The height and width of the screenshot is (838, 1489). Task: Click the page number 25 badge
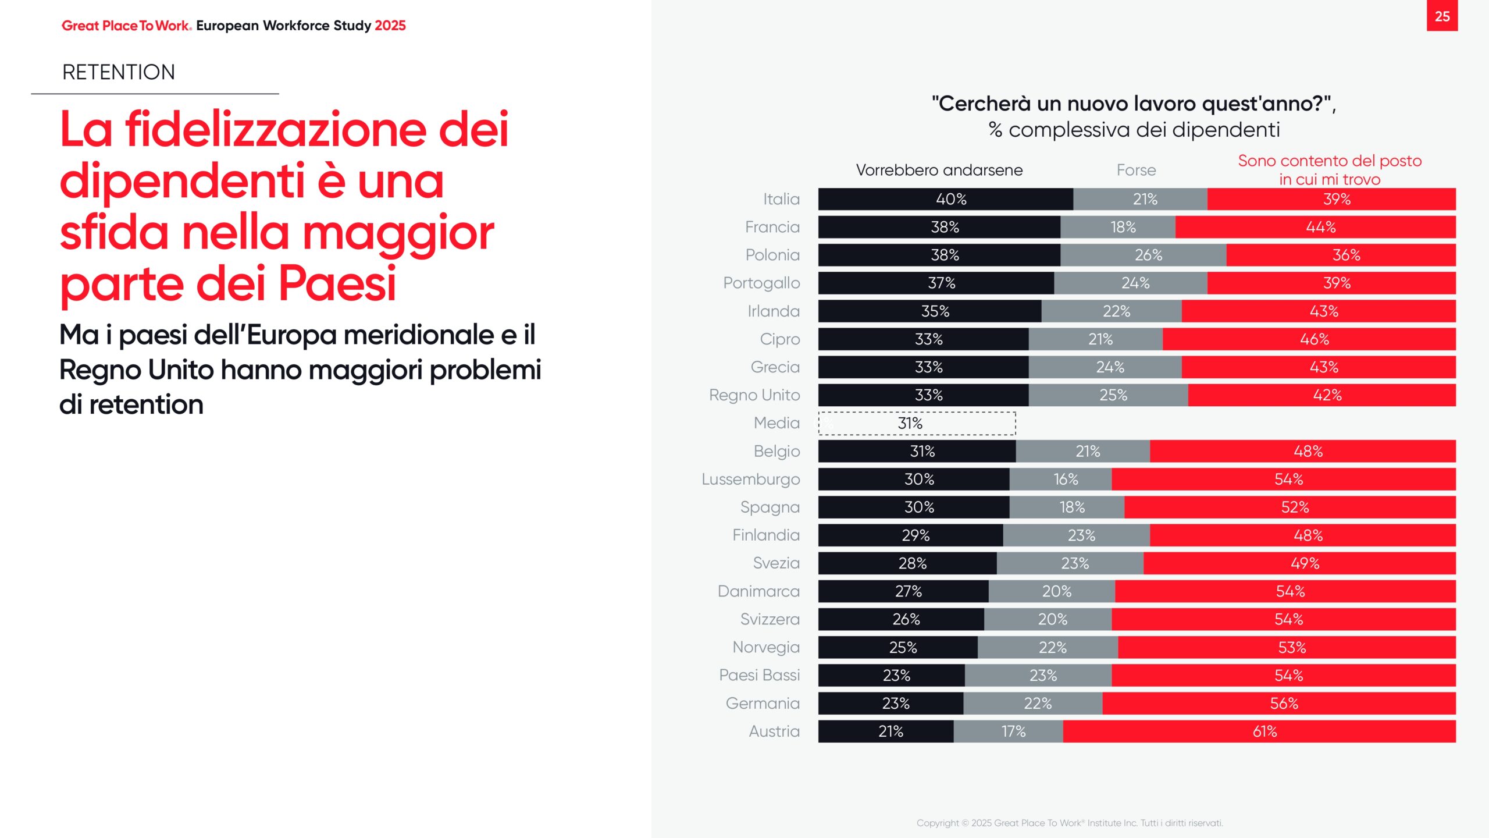(x=1442, y=16)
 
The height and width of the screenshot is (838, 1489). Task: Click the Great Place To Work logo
(x=126, y=26)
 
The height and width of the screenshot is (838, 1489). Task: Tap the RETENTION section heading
(x=119, y=72)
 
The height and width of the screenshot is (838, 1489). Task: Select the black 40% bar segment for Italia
(x=945, y=199)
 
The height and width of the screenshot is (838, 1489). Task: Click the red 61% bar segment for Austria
(x=1259, y=732)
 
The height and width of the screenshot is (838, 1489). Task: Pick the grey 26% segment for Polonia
(x=1143, y=255)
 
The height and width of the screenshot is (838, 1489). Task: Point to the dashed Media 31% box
(x=917, y=423)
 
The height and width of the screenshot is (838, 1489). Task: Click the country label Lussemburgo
(x=750, y=479)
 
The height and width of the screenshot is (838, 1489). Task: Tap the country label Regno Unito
(x=754, y=395)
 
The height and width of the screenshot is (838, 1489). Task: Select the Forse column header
(x=1136, y=170)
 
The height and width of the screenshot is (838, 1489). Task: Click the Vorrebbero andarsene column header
(x=939, y=170)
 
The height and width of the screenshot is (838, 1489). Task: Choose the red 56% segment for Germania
(x=1278, y=704)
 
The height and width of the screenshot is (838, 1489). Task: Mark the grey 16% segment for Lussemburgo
(x=1060, y=479)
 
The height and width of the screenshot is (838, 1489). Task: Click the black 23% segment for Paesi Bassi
(x=891, y=676)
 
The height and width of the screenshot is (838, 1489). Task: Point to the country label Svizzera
(x=770, y=619)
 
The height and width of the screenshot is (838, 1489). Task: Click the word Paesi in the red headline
(x=337, y=284)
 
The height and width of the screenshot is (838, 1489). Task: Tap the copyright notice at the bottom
(x=1070, y=823)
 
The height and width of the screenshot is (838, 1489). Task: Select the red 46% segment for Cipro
(x=1309, y=339)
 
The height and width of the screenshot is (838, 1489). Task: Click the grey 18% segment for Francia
(x=1117, y=227)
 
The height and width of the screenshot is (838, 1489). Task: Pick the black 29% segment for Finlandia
(x=910, y=535)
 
